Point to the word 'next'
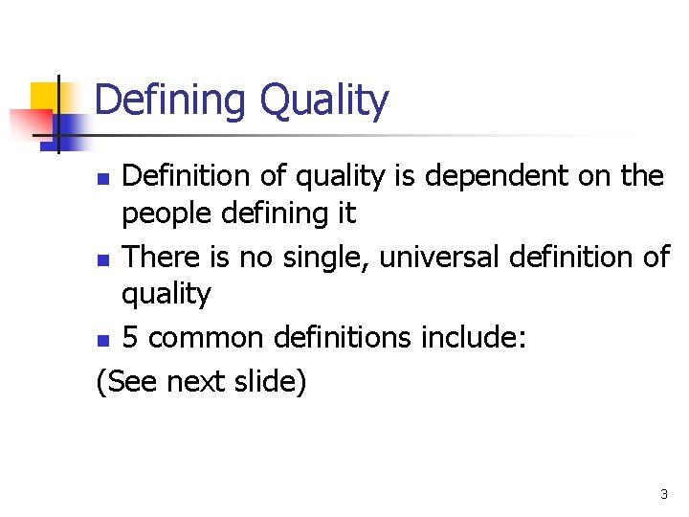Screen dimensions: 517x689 click(194, 381)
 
